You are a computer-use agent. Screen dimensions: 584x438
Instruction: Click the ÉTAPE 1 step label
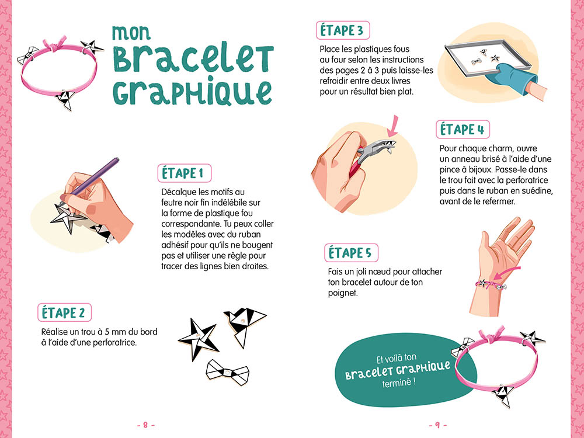185,173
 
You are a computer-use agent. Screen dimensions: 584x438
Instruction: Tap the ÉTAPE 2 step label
64,312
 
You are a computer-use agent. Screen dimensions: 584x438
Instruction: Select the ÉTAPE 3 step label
343,30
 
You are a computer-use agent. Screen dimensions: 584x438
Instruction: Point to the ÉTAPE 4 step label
463,130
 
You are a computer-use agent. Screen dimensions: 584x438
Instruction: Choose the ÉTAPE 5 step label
351,253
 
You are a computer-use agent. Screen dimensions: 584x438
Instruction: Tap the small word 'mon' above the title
131,33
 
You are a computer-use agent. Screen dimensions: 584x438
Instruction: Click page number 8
145,425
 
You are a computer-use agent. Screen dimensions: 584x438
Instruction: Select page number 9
437,425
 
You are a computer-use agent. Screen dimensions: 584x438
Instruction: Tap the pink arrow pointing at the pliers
393,126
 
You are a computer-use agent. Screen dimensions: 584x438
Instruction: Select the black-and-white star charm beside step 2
198,338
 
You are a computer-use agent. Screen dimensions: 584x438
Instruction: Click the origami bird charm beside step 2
244,324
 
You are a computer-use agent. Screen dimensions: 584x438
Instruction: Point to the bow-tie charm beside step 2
228,371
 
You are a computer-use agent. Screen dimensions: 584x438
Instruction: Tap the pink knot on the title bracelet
55,45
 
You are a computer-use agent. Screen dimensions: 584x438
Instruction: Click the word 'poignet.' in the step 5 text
343,293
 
